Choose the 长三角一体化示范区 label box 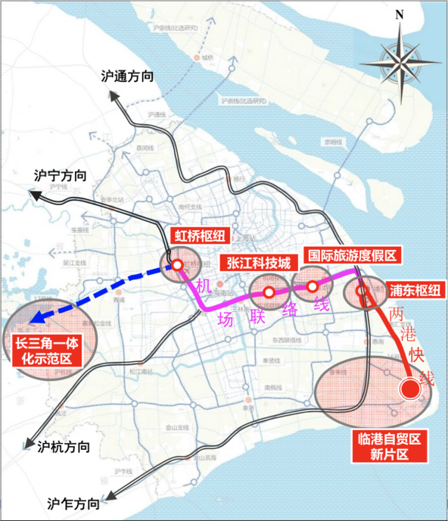click(x=42, y=352)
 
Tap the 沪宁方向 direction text click(x=61, y=175)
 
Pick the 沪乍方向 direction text click(x=73, y=504)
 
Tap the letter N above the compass click(x=400, y=14)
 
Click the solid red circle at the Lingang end click(x=409, y=389)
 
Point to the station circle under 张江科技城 click(x=269, y=292)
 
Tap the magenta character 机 click(x=201, y=285)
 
